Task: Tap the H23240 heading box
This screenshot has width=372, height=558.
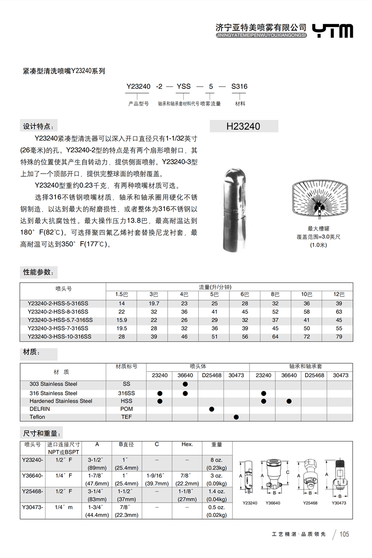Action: click(244, 126)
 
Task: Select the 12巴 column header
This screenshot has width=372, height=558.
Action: click(339, 295)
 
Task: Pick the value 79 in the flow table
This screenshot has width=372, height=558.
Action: click(339, 337)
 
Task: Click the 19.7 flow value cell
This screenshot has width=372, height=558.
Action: click(154, 303)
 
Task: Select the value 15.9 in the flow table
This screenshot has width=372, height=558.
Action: click(122, 320)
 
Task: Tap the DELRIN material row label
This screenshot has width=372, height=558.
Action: click(40, 409)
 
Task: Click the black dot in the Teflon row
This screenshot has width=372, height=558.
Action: click(236, 417)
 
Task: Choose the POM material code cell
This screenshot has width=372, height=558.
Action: click(126, 409)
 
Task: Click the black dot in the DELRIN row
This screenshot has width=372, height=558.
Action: click(212, 409)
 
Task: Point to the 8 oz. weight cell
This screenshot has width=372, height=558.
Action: click(217, 460)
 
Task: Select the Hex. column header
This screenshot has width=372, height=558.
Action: click(187, 444)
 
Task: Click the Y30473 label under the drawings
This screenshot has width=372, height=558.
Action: click(339, 503)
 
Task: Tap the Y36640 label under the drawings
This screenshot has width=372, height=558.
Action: click(273, 503)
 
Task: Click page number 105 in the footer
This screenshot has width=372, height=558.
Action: click(344, 534)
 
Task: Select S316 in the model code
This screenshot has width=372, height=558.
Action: click(239, 87)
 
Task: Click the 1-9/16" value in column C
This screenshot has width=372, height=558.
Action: click(157, 476)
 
